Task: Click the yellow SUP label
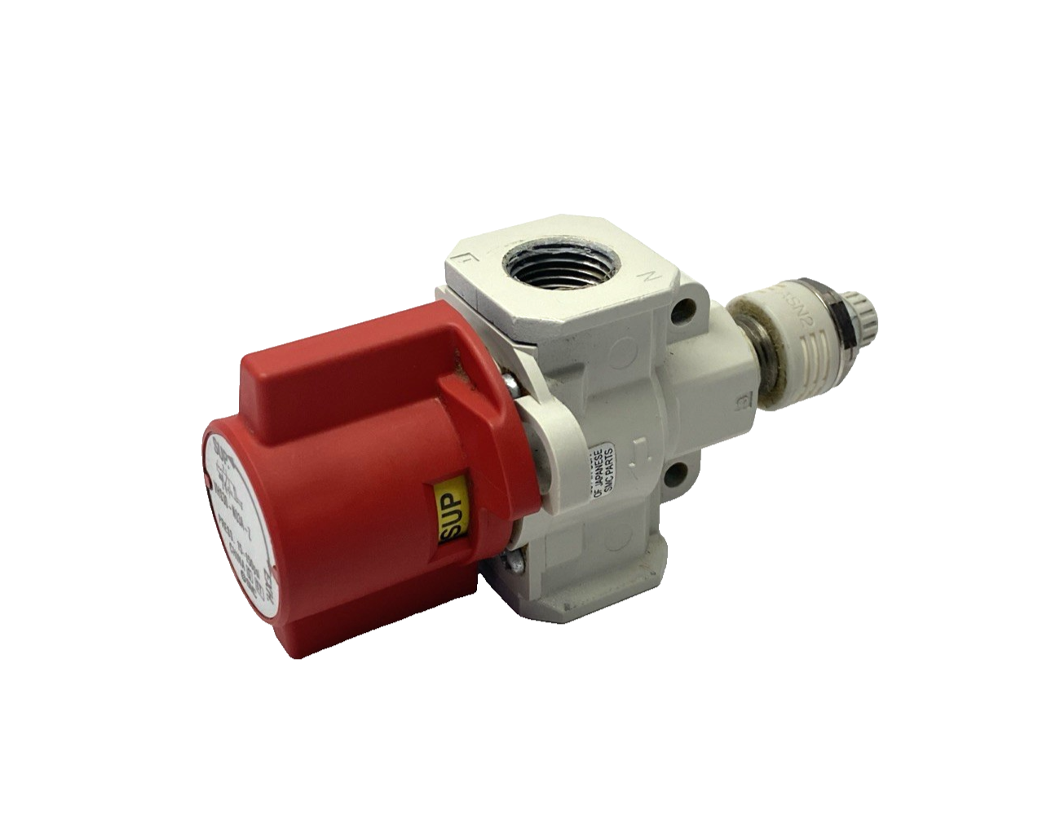[450, 502]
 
